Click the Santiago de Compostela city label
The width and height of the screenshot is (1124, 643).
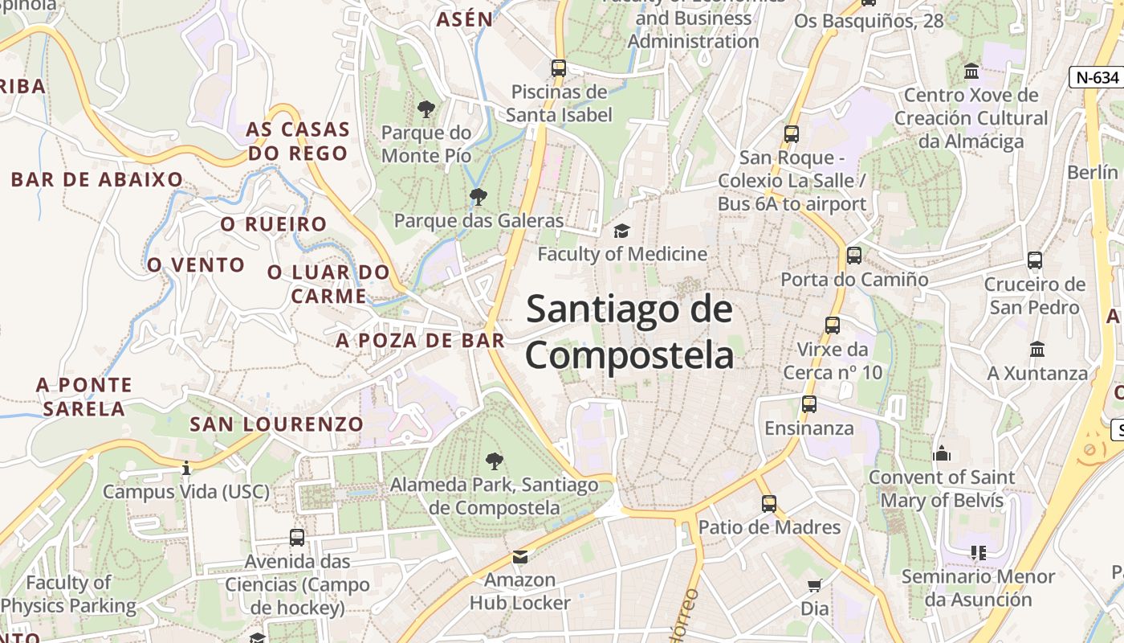pos(629,332)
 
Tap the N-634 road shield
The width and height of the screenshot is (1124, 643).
pos(1097,77)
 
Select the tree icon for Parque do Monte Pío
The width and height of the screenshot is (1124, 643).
pos(426,109)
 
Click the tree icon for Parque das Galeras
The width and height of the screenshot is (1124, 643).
pos(479,196)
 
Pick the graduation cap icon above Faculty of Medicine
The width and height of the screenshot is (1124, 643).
pos(621,231)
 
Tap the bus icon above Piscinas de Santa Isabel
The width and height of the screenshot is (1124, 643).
pos(559,68)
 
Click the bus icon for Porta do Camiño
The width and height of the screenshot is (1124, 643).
pos(854,256)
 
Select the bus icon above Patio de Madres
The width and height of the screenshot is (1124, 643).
pos(769,504)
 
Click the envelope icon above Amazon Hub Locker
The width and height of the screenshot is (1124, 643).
pos(520,556)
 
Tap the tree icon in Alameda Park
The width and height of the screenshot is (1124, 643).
pos(495,461)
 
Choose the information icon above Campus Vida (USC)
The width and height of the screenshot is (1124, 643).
pos(186,468)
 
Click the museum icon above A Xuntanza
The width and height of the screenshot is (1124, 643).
pos(1037,350)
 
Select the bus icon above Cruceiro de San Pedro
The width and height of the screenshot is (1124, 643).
pos(1035,260)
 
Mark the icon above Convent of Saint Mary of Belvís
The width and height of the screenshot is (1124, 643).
pos(942,453)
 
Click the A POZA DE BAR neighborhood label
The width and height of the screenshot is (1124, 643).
pos(420,340)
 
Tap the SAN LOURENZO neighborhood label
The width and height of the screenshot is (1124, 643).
pos(276,424)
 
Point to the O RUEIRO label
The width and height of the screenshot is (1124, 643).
pos(274,224)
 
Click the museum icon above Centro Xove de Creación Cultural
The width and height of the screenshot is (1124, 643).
pos(971,71)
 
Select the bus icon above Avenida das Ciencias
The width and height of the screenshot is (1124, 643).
pos(297,537)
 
